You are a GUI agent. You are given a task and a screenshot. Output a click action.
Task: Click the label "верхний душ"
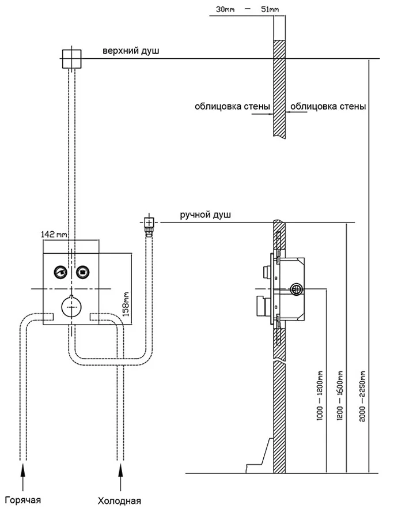click(131, 51)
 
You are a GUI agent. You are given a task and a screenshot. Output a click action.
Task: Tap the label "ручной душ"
click(205, 215)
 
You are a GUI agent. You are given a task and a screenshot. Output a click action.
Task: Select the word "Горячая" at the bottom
click(22, 499)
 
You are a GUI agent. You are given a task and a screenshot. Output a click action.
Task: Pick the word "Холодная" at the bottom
click(119, 500)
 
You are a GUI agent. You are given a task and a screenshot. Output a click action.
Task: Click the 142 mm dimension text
click(54, 234)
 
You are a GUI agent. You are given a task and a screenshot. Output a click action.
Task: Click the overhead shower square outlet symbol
click(72, 58)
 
